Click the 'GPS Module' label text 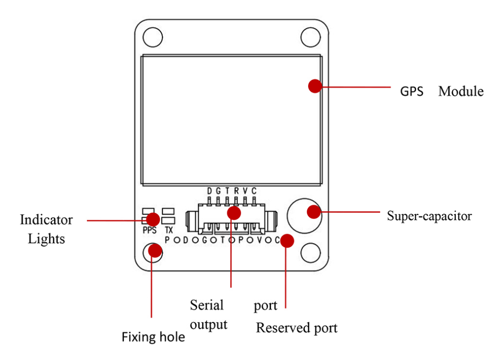[441, 91]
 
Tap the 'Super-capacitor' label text [429, 216]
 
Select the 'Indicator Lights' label [46, 229]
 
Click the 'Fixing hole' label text [153, 337]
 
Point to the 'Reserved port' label [296, 327]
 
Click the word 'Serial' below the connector [207, 305]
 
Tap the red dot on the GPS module [315, 86]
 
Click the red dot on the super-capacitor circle [314, 212]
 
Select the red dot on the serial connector [234, 213]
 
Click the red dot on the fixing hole [155, 251]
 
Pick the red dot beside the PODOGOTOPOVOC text [287, 241]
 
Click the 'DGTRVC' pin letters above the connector [231, 191]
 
